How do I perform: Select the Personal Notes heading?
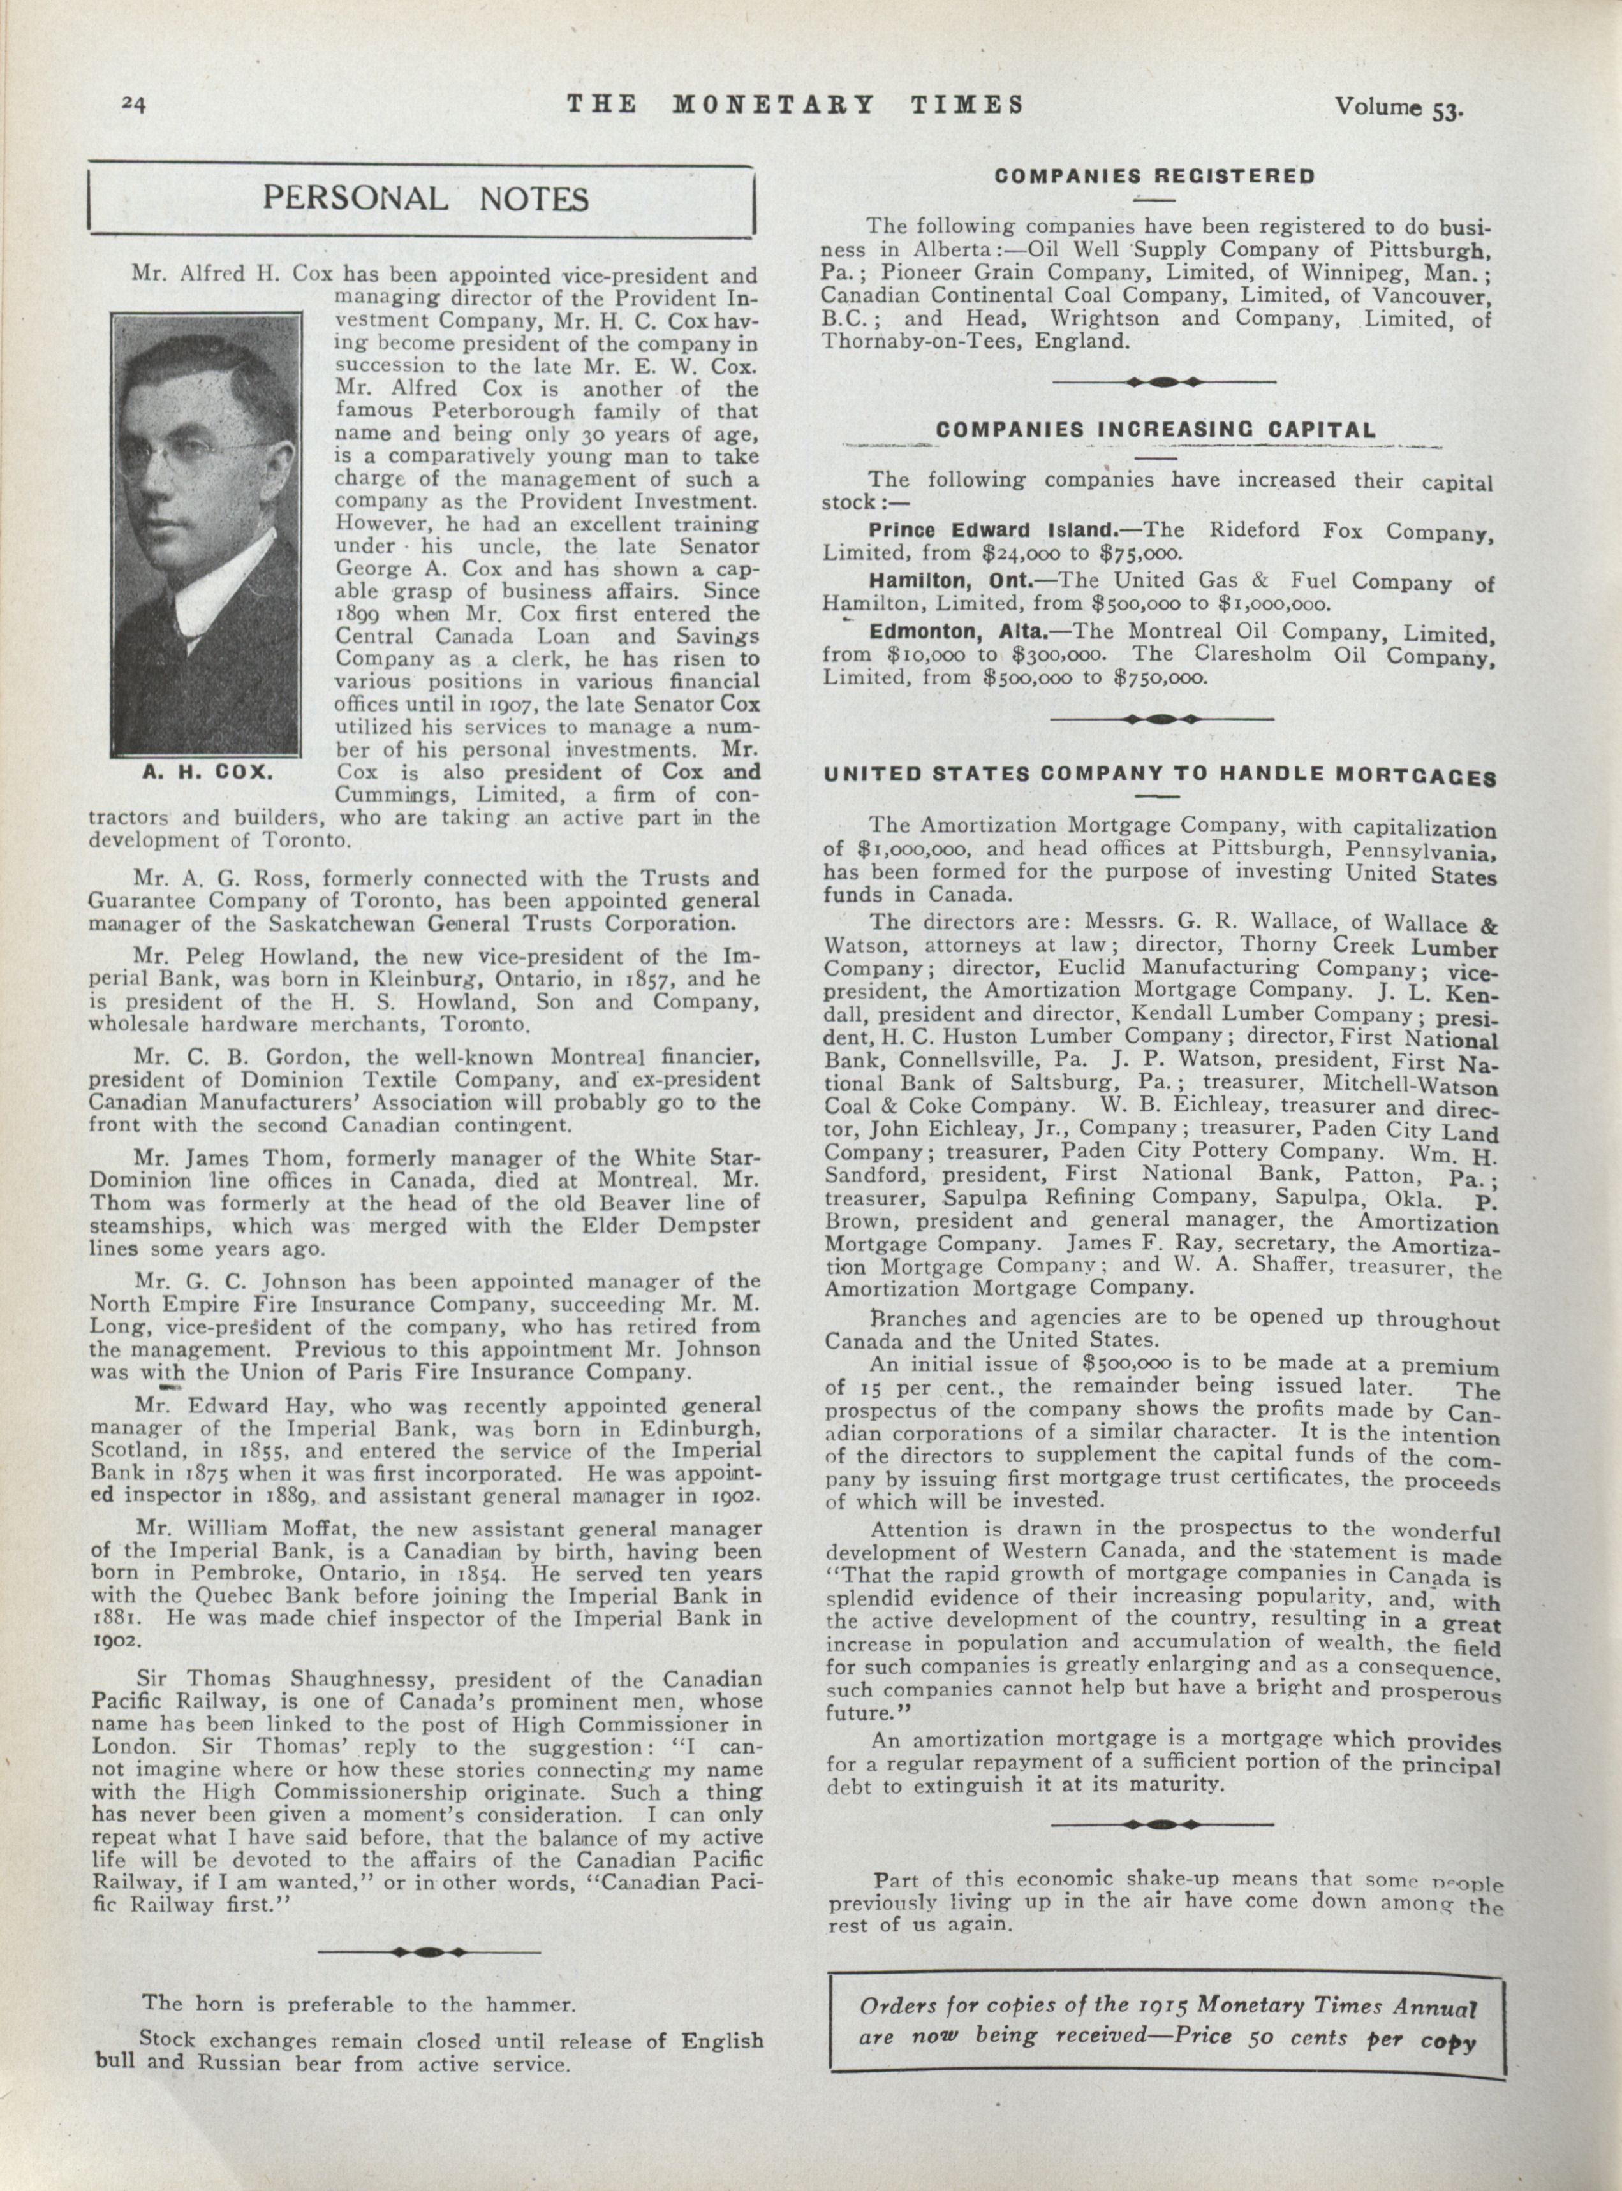pos(425,198)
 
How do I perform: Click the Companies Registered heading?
pos(1154,177)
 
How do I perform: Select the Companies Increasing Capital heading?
pos(1156,430)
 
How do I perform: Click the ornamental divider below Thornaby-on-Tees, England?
pos(1163,382)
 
